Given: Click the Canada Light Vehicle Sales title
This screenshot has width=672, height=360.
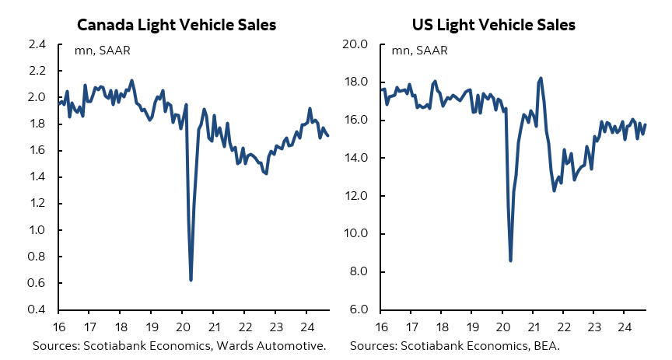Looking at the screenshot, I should click(x=177, y=25).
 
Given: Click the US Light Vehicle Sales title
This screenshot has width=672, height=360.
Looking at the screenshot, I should click(x=494, y=25).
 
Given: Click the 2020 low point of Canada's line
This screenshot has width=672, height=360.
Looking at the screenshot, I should click(x=191, y=280).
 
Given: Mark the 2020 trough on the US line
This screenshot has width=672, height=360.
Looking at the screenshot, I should click(x=510, y=260).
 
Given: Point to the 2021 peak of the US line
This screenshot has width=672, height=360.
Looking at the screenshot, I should click(x=541, y=78).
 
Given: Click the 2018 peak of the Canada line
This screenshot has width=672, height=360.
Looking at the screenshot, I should click(x=131, y=80).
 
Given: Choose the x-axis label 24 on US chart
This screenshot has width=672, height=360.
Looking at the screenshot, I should click(x=624, y=327).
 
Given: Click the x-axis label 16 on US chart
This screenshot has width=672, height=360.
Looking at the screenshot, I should click(x=382, y=327).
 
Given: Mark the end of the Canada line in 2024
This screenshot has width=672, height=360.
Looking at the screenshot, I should click(x=328, y=136).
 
